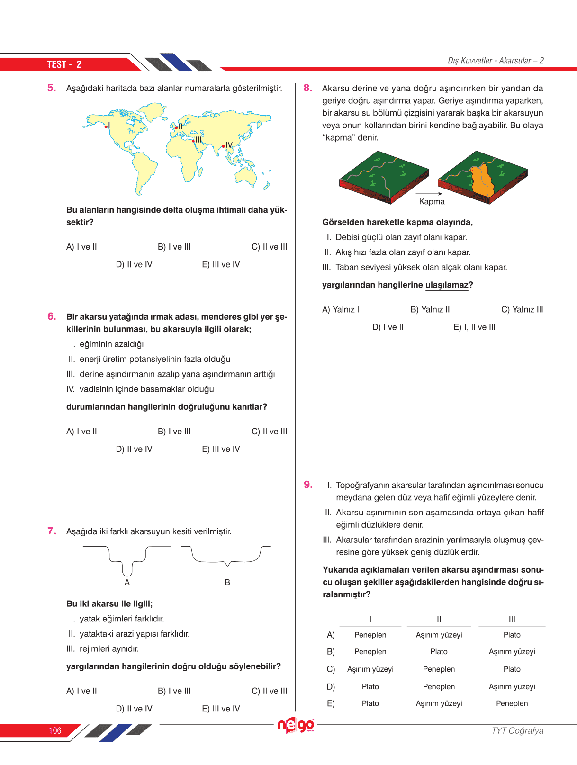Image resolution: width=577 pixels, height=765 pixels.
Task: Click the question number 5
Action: coord(52,88)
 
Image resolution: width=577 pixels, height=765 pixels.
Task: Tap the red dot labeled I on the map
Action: coord(106,126)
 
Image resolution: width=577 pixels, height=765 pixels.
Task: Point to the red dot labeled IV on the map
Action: coord(224,146)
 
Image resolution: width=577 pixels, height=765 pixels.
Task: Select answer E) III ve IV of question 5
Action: coord(221,264)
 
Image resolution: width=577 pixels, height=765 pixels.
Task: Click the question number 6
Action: coord(52,316)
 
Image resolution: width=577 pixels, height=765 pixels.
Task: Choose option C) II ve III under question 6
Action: coord(269,432)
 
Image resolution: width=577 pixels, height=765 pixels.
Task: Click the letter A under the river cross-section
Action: coord(127,582)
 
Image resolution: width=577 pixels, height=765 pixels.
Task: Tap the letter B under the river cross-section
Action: coord(227,582)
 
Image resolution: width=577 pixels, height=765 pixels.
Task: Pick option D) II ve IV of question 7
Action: coord(134,709)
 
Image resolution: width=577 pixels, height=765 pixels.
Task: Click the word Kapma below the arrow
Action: coord(432,202)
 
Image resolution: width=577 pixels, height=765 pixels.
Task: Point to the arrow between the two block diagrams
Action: coord(429,194)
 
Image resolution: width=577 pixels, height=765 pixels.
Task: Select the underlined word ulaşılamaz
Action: coord(447,285)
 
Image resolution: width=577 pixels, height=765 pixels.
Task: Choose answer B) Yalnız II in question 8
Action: coord(430,310)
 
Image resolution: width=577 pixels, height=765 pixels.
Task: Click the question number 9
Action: coord(308,485)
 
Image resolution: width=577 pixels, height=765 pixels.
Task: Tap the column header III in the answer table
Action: coord(512,619)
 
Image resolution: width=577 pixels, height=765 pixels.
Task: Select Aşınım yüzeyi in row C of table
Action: coord(370,669)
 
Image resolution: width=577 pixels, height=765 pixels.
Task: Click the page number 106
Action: coord(55,731)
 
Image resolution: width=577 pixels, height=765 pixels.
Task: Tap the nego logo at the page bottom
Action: coord(296,725)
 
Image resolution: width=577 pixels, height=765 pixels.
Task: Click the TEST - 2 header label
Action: coord(64,64)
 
